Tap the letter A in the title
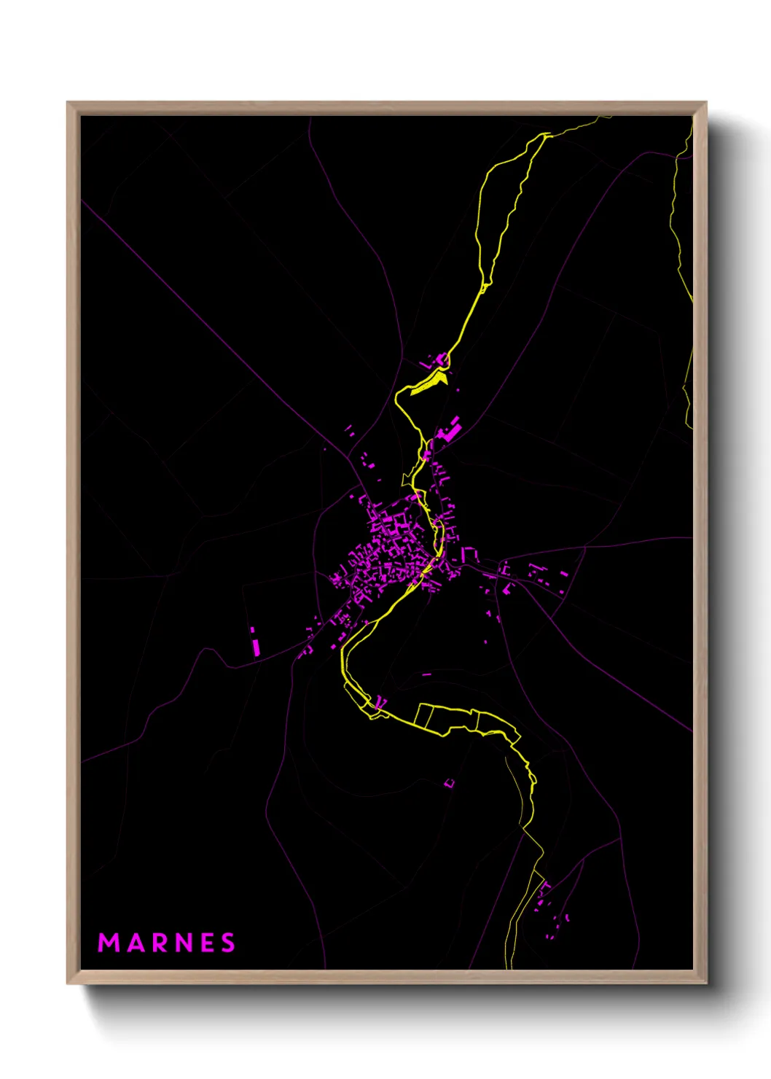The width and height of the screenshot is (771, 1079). click(136, 943)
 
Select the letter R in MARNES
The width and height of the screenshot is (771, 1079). click(160, 943)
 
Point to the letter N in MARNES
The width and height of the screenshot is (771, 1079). click(184, 943)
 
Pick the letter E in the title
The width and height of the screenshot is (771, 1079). click(208, 943)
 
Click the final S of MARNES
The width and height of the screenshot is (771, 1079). click(228, 943)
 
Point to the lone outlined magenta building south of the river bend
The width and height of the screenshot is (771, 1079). click(449, 784)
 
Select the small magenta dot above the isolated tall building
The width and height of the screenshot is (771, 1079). click(253, 629)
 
